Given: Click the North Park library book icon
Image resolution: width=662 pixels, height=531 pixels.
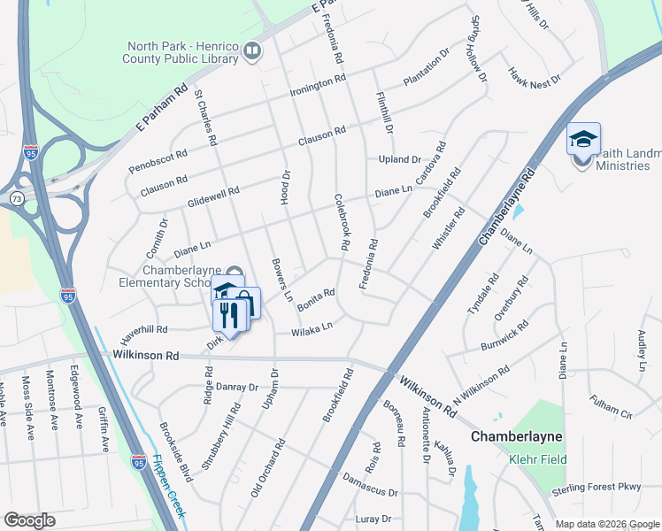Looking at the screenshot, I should [x=252, y=52].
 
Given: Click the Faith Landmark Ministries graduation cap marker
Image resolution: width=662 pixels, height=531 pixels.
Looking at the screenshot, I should [x=583, y=141].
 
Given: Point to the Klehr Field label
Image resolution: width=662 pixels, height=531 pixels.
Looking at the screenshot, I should [x=534, y=459].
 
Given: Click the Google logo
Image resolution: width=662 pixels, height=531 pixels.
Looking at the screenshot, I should [x=30, y=519].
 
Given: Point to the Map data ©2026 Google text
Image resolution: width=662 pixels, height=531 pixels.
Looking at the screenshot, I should [x=607, y=524].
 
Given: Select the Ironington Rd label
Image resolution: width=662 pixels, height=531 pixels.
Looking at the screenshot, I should [x=316, y=87].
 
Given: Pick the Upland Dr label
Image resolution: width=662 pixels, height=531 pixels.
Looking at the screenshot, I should [x=400, y=159].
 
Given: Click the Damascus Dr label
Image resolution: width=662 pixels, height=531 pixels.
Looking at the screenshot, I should [x=372, y=492].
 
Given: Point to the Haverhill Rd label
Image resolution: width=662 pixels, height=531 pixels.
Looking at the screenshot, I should [x=144, y=330].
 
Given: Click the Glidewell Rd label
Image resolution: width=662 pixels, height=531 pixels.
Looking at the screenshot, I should [x=213, y=197].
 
